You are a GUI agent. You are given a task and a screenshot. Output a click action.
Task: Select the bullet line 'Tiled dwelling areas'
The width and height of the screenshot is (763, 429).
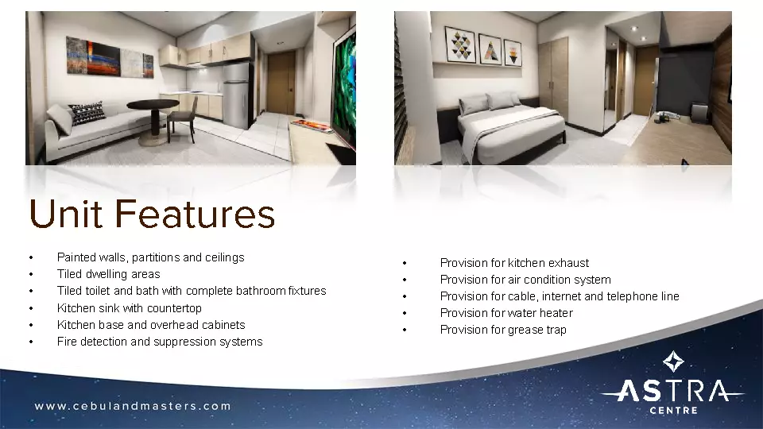[x=108, y=274]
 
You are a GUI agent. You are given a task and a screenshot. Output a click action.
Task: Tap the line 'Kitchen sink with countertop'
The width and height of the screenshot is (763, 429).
[x=130, y=308]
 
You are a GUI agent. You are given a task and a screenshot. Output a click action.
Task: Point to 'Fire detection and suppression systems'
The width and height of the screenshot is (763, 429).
[x=159, y=342]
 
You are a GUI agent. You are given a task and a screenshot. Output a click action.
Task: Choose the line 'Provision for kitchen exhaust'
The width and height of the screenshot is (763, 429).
[x=514, y=263]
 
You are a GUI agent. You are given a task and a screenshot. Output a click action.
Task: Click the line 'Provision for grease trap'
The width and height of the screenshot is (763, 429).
[x=503, y=330]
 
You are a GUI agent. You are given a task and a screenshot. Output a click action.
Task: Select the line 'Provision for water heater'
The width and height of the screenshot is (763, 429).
[x=505, y=313]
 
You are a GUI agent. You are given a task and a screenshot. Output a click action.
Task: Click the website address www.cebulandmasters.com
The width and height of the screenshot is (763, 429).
[x=133, y=406]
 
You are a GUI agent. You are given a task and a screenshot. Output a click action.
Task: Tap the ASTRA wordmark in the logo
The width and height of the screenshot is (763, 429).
[x=672, y=392]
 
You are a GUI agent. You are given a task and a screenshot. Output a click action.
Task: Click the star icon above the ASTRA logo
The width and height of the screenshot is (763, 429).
[x=673, y=362]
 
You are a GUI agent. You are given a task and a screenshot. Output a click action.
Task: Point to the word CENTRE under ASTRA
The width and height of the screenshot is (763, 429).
[x=673, y=411]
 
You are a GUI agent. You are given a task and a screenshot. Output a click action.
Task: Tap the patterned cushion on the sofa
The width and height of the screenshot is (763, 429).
[x=87, y=113]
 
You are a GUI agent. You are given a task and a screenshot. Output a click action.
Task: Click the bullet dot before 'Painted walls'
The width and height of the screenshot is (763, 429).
[x=30, y=258]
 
